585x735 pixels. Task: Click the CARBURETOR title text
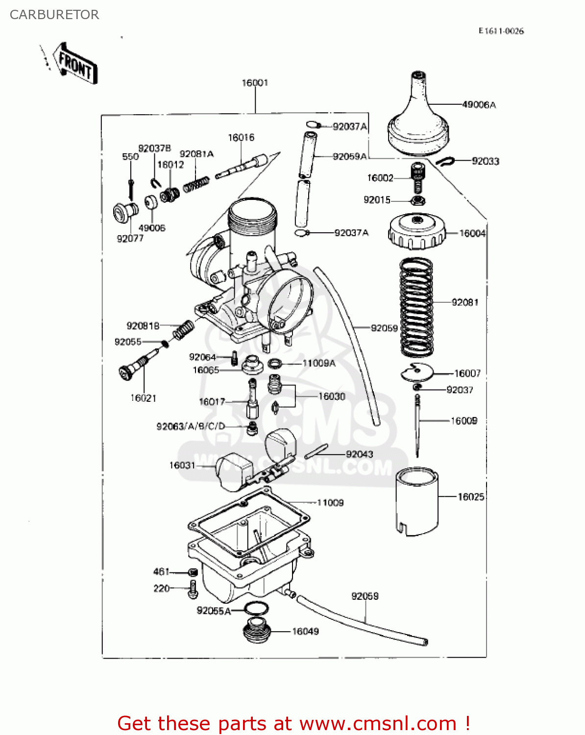(x=54, y=15)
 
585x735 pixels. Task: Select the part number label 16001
(x=255, y=83)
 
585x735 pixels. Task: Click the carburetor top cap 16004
(x=417, y=232)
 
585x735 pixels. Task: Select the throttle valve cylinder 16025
(x=416, y=501)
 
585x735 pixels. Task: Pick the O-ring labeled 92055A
(x=256, y=609)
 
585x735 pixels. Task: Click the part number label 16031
(x=182, y=465)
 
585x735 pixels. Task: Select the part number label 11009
(x=330, y=503)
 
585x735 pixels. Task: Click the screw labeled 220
(x=193, y=588)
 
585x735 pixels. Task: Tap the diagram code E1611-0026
(x=501, y=31)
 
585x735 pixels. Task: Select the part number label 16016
(x=241, y=138)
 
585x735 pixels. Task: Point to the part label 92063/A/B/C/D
(x=191, y=426)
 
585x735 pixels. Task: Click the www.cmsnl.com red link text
(x=378, y=723)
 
